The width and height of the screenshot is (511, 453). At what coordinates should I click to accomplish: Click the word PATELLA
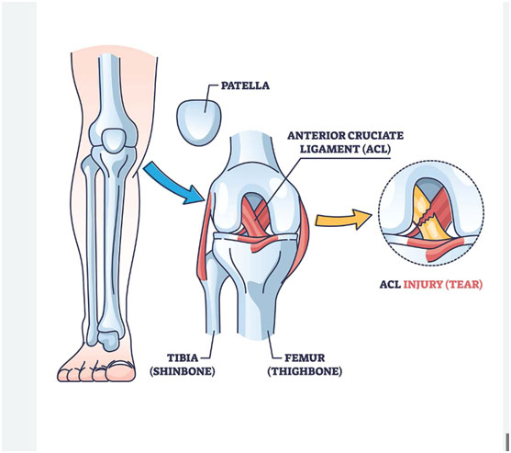(x=245, y=85)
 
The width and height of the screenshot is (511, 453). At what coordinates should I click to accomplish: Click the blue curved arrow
(x=174, y=183)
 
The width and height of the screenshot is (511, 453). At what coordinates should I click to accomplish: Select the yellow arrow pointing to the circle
(x=343, y=220)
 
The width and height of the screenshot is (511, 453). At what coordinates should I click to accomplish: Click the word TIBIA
(x=183, y=357)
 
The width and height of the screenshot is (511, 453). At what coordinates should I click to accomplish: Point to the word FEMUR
(x=305, y=357)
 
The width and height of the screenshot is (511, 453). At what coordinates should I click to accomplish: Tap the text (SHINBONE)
(x=183, y=371)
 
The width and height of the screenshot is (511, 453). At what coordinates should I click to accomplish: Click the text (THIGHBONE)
(x=305, y=371)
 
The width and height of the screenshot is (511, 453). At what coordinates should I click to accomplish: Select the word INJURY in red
(x=423, y=284)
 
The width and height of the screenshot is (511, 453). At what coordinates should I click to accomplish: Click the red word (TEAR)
(x=463, y=284)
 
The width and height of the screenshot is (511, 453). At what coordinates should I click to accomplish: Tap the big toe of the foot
(x=121, y=371)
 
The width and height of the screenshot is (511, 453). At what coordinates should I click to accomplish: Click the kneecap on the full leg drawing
(x=113, y=140)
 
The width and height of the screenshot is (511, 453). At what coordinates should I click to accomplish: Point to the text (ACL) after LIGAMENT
(x=376, y=149)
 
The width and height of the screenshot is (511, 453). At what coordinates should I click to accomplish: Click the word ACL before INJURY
(x=390, y=284)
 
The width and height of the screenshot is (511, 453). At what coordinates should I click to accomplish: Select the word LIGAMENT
(x=329, y=149)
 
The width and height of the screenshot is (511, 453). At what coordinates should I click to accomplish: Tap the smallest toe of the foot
(x=63, y=374)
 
